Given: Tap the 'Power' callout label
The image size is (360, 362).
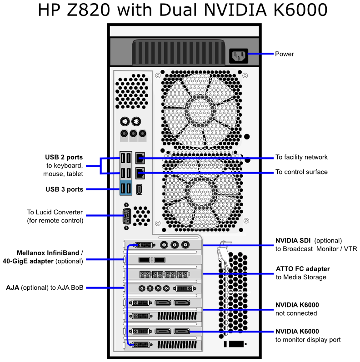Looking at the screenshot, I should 285,54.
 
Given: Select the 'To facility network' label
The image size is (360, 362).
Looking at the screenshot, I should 301,158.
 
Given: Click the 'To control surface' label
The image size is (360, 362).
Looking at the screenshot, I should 301,172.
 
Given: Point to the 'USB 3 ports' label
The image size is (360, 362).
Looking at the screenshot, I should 64,189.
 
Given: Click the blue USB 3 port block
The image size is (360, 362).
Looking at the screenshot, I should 126,188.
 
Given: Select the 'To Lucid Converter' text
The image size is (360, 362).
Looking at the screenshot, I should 55,212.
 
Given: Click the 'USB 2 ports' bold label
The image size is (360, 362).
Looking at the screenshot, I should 64,157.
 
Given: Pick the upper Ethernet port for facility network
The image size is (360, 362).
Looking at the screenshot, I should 140,159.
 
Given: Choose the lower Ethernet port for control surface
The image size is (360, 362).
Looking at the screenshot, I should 140,173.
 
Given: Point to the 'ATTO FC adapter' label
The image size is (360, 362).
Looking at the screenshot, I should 303,269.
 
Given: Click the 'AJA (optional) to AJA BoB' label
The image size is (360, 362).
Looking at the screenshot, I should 45,288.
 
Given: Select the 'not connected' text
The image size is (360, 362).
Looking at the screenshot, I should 296,313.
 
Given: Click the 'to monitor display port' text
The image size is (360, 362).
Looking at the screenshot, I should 308,340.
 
